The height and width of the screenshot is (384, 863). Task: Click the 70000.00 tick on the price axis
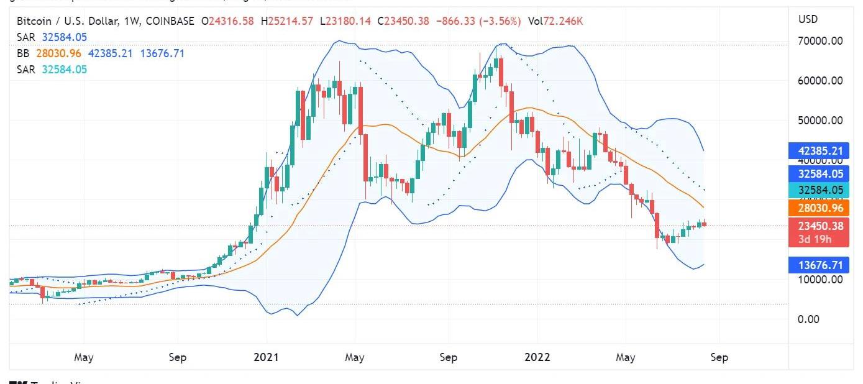[820, 41]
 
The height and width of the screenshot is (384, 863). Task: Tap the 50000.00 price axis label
[820, 121]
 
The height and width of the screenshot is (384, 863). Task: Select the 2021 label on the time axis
[266, 357]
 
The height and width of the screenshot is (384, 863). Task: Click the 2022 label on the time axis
[537, 357]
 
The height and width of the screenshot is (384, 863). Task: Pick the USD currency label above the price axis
[808, 19]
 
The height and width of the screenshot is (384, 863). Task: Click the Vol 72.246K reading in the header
[555, 22]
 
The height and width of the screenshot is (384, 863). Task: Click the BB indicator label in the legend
[24, 53]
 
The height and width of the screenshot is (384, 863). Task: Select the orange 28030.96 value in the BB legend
[60, 53]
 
